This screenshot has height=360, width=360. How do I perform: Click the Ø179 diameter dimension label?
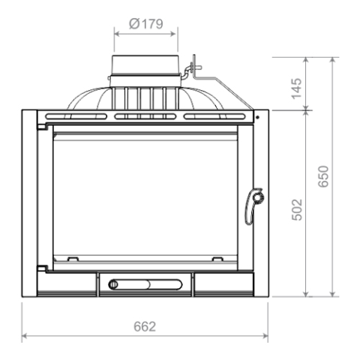pyautogui.click(x=146, y=24)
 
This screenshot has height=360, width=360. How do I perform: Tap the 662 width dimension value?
pyautogui.click(x=145, y=326)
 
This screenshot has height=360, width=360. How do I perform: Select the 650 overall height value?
pyautogui.click(x=323, y=176)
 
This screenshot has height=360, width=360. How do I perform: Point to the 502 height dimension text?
pyautogui.click(x=297, y=210)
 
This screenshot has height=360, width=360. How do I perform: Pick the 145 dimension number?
pyautogui.click(x=297, y=88)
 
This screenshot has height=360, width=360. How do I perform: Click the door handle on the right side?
pyautogui.click(x=253, y=205)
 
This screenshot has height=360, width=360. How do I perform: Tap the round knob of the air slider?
pyautogui.click(x=113, y=284)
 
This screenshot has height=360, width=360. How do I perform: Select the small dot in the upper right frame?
pyautogui.click(x=258, y=117)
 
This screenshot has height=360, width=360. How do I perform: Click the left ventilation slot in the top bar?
pyautogui.click(x=76, y=116)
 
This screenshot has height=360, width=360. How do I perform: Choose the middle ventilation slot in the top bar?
pyautogui.click(x=145, y=116)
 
